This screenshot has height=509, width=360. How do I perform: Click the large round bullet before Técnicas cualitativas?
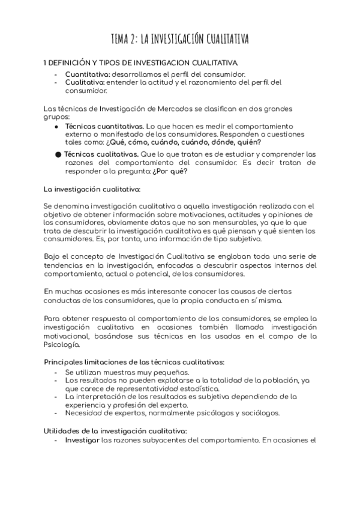(58, 154)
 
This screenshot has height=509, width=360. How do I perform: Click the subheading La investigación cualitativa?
(92, 188)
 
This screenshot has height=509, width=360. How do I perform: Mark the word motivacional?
(69, 337)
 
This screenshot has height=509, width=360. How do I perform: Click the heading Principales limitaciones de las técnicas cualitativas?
(135, 362)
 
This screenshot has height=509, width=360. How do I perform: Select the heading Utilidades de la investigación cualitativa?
(116, 430)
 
